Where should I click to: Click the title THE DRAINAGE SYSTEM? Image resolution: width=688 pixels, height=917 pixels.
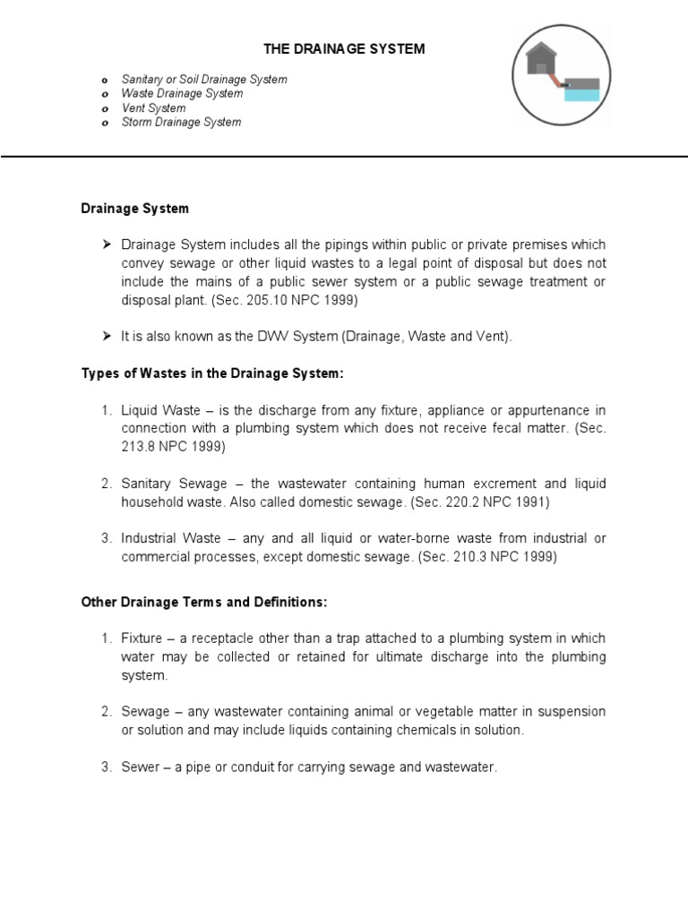(343, 49)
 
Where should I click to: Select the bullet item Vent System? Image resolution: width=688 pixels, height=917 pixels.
(153, 108)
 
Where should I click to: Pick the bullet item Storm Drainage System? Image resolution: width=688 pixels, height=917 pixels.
(181, 123)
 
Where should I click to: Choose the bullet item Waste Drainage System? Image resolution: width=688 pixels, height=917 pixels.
(182, 94)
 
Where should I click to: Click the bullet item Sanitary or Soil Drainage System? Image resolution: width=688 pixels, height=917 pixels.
(204, 80)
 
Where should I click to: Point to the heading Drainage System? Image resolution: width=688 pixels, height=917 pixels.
(135, 209)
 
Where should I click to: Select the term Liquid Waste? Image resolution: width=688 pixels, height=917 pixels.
(158, 410)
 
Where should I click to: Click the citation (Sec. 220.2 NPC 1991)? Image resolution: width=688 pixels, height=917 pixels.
(479, 502)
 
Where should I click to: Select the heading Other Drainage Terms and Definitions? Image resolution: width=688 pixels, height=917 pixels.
(204, 603)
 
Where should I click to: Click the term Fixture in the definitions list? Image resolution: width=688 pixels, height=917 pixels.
(143, 638)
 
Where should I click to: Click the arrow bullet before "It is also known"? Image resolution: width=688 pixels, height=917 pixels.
(107, 337)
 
